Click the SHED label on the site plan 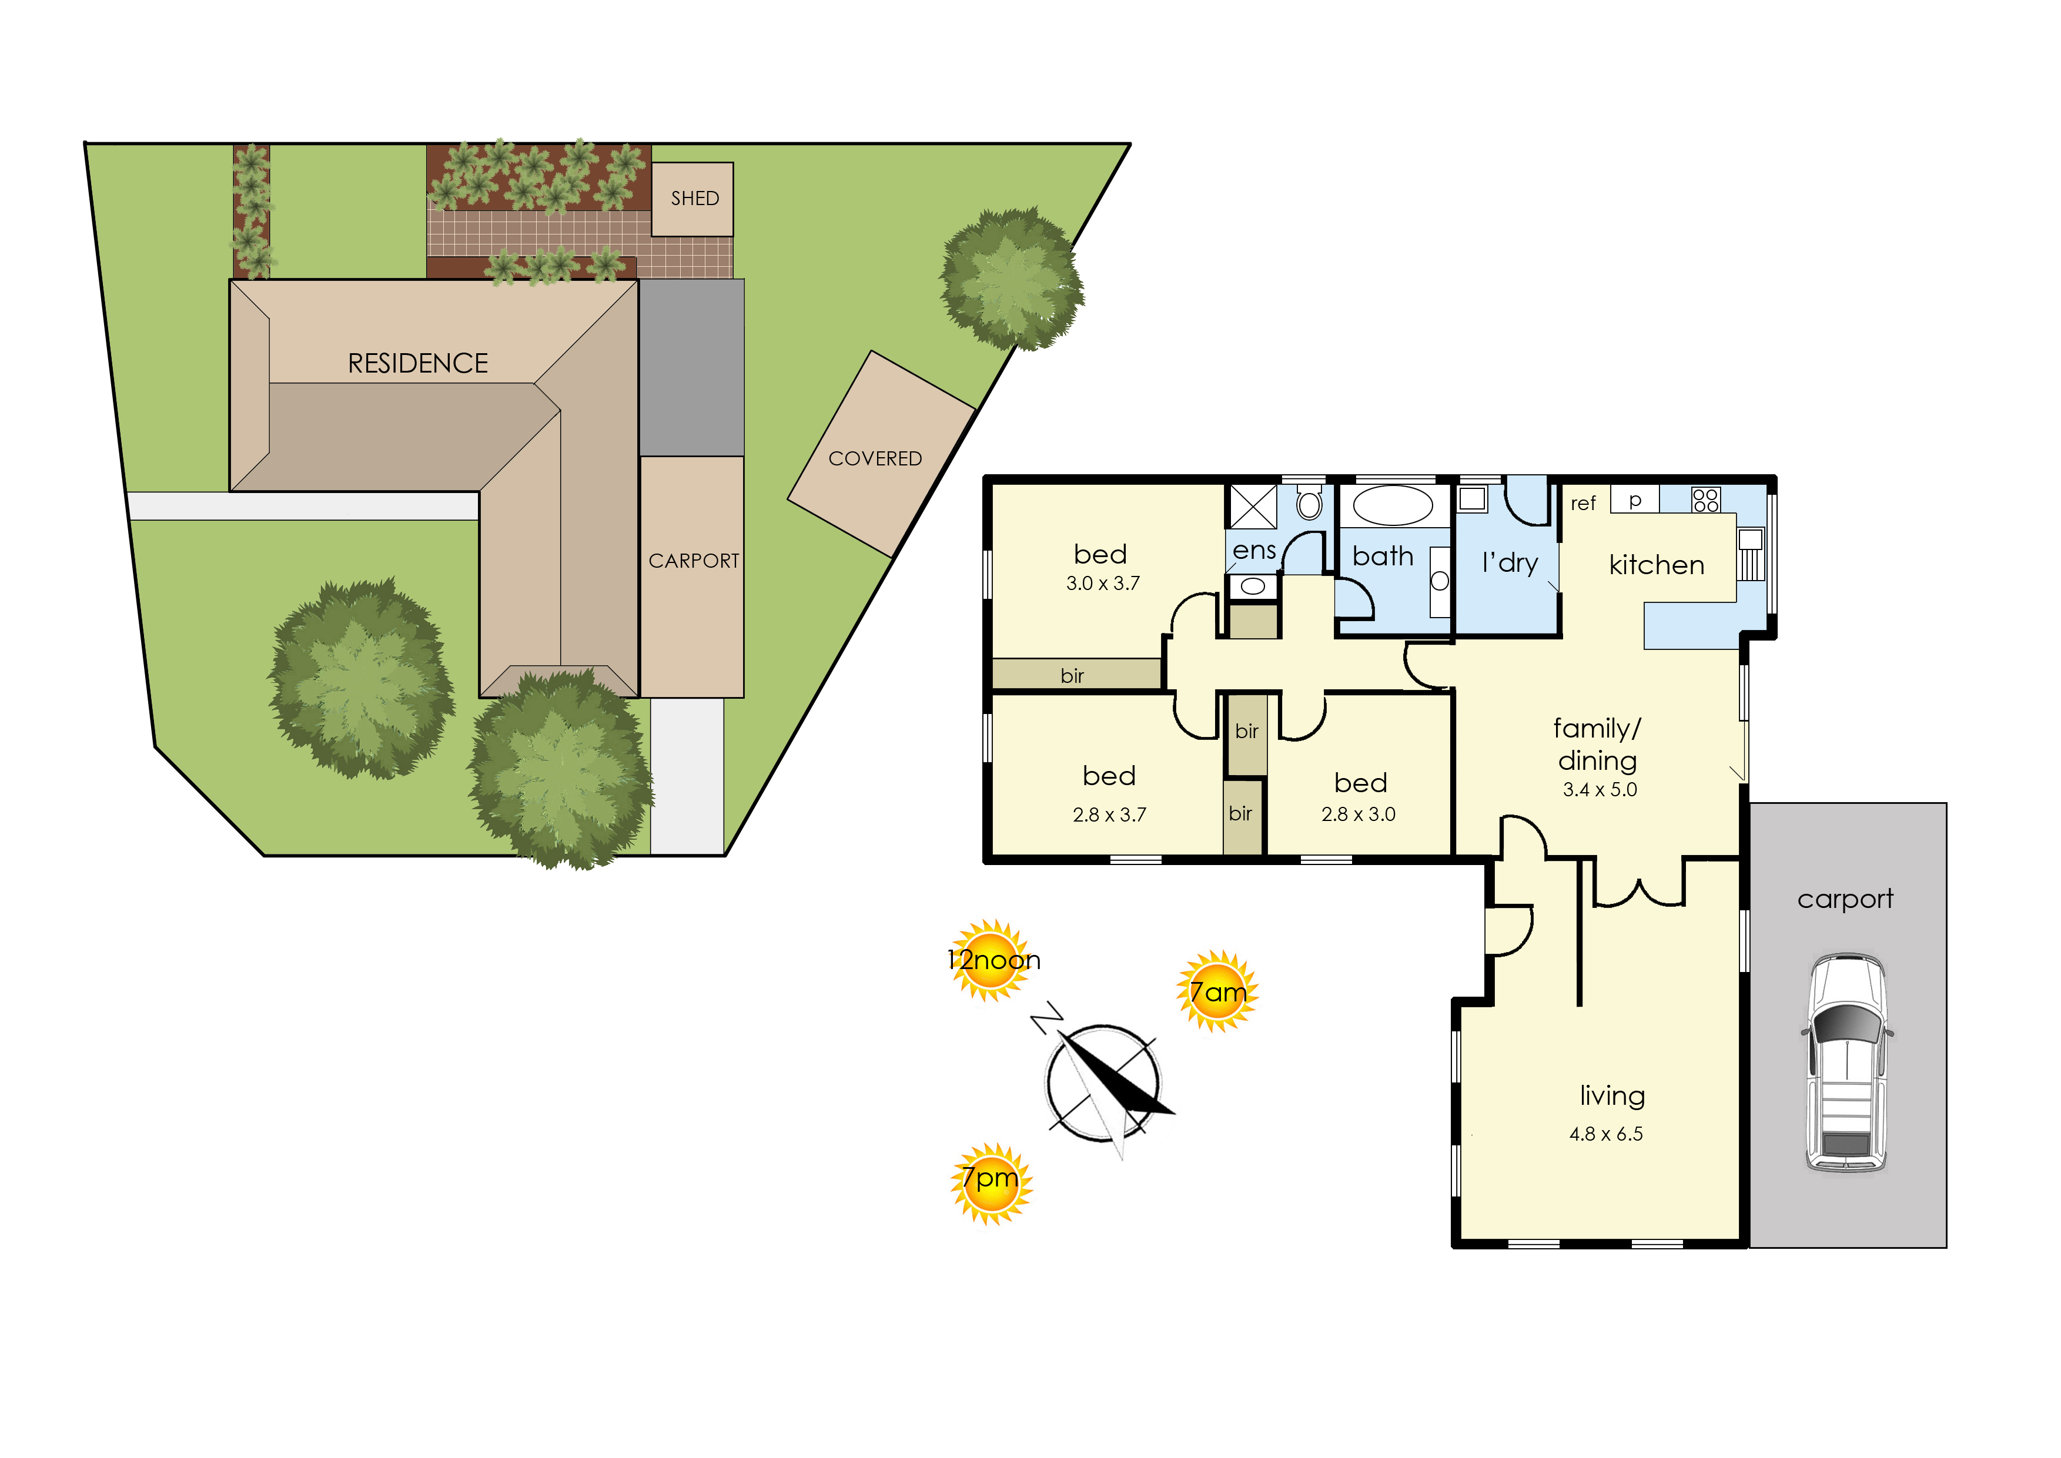[694, 199]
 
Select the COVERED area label [875, 459]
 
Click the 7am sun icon [1218, 991]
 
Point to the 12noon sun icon [992, 960]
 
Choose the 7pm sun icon [992, 1184]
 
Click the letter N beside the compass [1046, 1019]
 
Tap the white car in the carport [1847, 1063]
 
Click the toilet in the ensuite [1309, 503]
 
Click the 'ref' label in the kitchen [1583, 504]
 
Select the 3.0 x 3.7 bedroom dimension [1103, 584]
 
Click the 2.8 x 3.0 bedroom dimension [1358, 815]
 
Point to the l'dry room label [1511, 563]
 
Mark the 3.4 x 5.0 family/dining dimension [1600, 790]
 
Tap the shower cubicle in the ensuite [1253, 507]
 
